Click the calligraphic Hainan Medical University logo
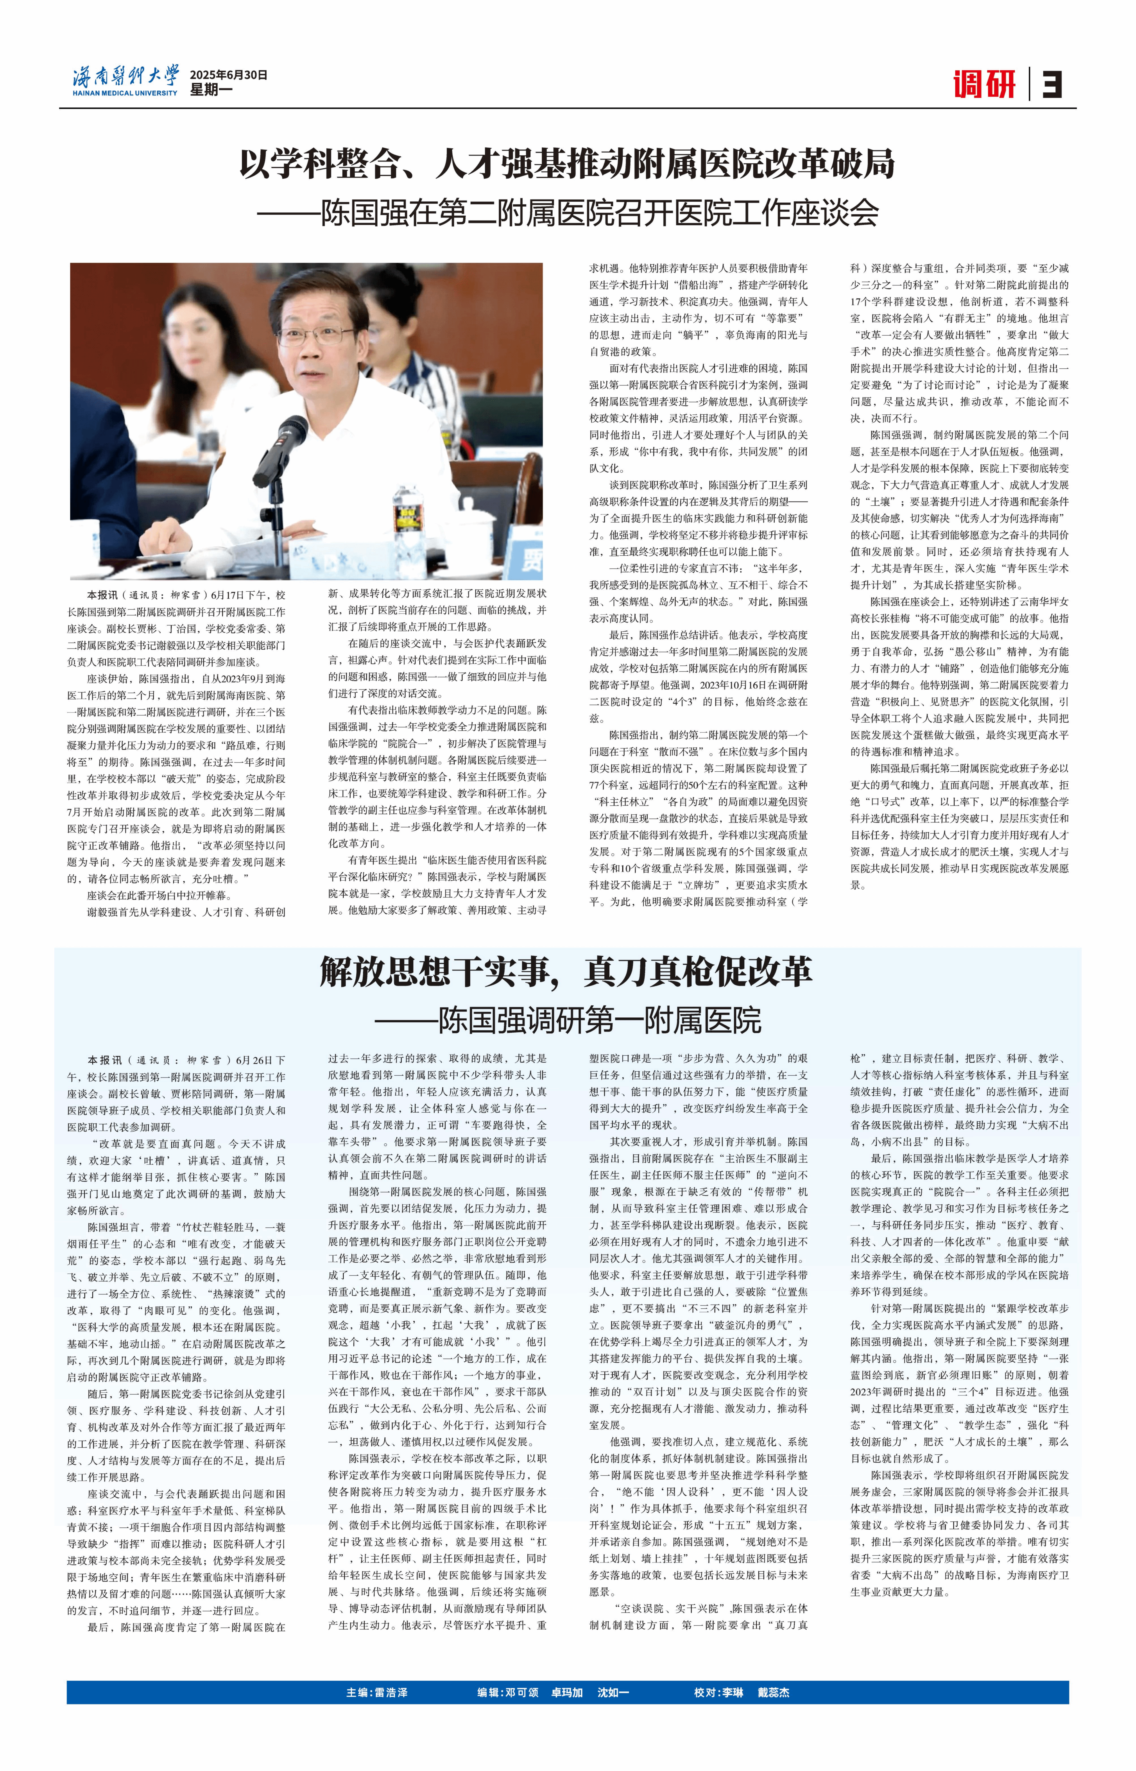pos(125,76)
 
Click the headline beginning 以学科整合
pos(567,164)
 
